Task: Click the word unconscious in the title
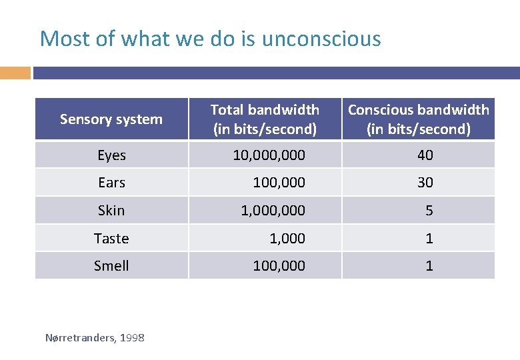321,39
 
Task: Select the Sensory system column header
111,119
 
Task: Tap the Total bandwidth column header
265,119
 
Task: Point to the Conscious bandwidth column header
419,119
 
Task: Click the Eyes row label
111,155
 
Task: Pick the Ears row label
111,183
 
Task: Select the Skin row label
111,211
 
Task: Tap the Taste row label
111,239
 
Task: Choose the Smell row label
111,266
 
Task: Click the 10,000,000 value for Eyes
269,155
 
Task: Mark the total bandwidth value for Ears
279,183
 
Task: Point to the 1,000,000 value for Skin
273,211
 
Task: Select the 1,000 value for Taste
288,239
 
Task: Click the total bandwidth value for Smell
279,266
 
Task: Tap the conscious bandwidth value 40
425,155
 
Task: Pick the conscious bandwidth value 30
425,183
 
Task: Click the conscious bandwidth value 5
429,211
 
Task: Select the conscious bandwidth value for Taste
429,239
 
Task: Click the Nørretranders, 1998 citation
95,338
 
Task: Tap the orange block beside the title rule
15,73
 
